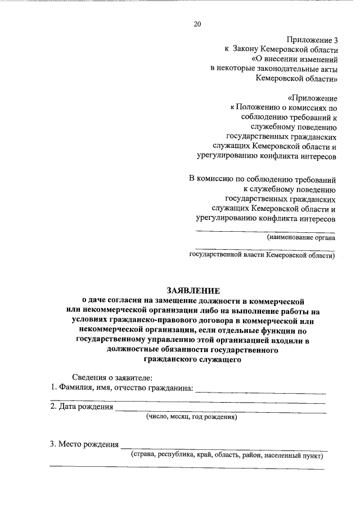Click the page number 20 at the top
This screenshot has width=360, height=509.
click(197, 24)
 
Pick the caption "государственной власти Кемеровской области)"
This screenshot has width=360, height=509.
click(262, 255)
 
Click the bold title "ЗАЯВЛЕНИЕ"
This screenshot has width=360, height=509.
click(192, 290)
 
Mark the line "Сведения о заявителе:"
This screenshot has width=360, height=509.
click(112, 377)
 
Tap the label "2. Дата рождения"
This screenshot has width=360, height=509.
click(82, 407)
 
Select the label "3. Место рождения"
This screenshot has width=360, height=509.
click(84, 444)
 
